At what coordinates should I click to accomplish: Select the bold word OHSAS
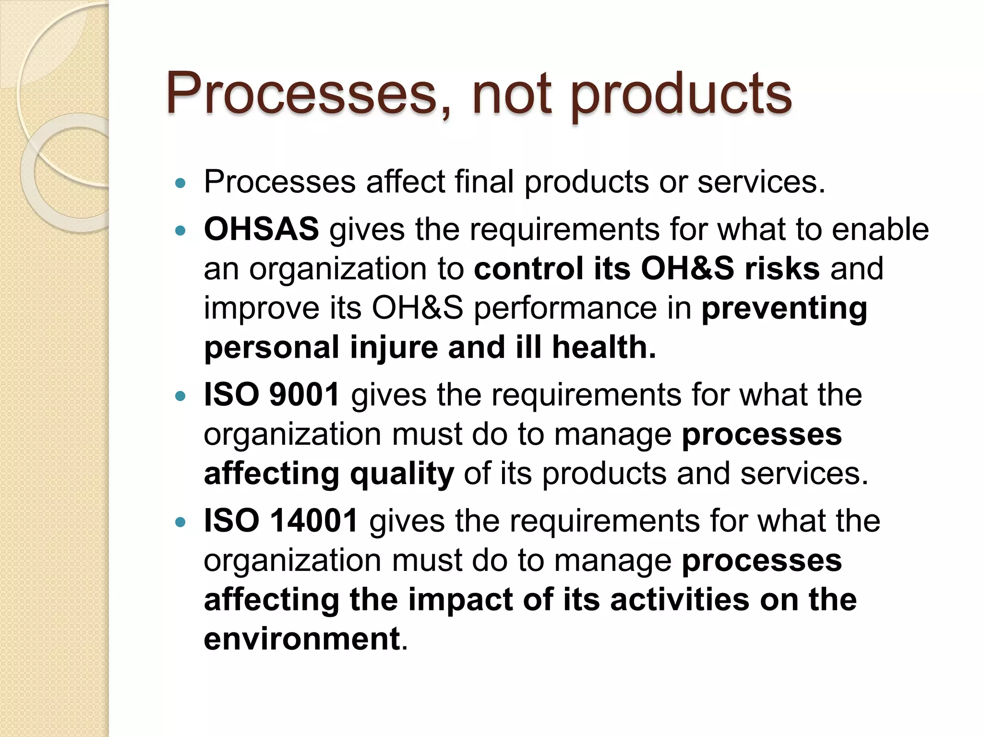coord(261,229)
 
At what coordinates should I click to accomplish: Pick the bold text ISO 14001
coord(281,521)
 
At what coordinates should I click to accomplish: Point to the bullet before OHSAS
coord(180,231)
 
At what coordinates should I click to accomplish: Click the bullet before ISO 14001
coord(180,523)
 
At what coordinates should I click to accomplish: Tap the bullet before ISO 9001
coord(180,396)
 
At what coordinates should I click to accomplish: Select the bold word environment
coord(302,639)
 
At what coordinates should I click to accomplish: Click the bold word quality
coord(402,474)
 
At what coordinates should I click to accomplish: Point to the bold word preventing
coord(784,309)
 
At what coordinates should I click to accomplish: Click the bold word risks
coord(782,268)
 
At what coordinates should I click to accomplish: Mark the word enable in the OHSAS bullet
coord(880,229)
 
